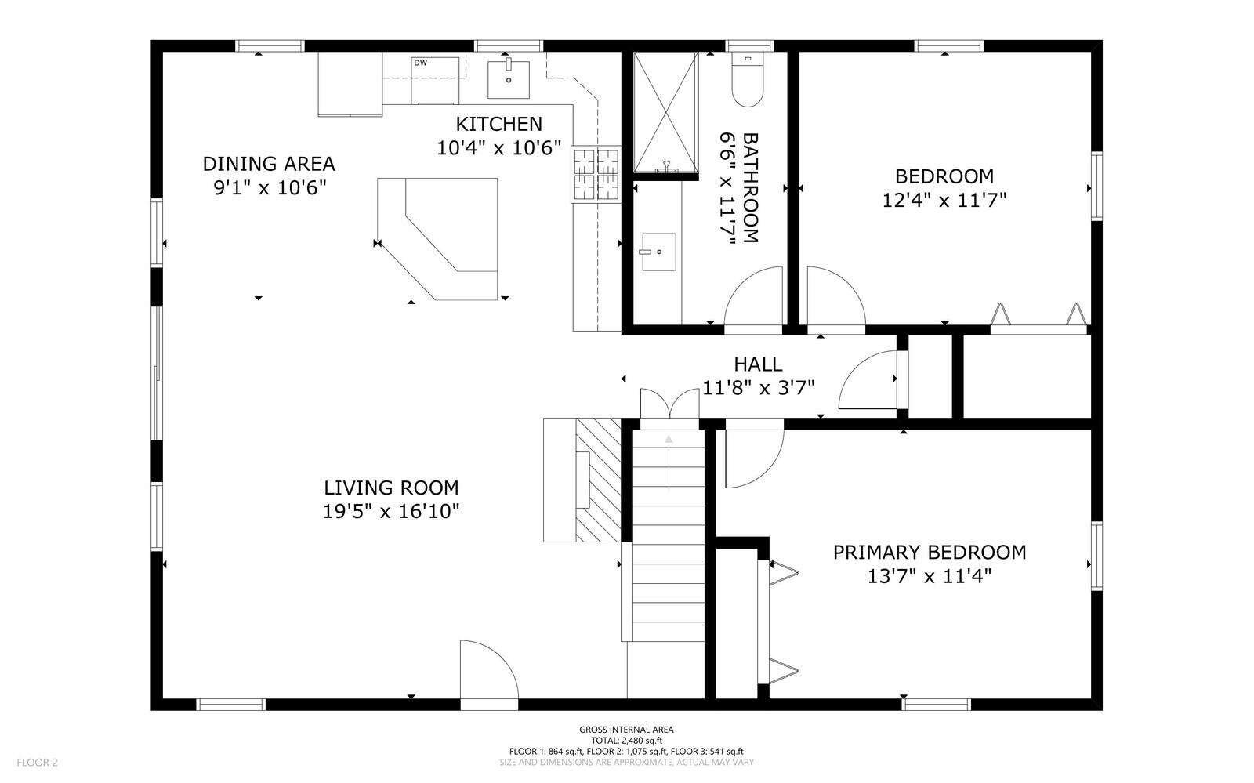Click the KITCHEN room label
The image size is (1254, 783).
pyautogui.click(x=498, y=124)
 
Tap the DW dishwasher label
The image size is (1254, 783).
pyautogui.click(x=420, y=63)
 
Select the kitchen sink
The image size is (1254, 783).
pyautogui.click(x=509, y=79)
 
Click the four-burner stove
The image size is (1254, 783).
pyautogui.click(x=596, y=174)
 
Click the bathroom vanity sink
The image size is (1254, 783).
pyautogui.click(x=658, y=252)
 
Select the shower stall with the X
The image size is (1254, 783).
pyautogui.click(x=665, y=113)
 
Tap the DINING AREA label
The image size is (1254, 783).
pyautogui.click(x=269, y=164)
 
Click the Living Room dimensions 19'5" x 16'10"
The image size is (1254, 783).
pyautogui.click(x=391, y=511)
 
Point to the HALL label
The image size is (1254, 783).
pyautogui.click(x=758, y=364)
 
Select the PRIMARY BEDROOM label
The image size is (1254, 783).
pyautogui.click(x=930, y=553)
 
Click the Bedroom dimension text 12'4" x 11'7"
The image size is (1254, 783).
pyautogui.click(x=944, y=200)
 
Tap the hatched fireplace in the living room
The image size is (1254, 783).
pyautogui.click(x=598, y=480)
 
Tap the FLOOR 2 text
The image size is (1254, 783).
pyautogui.click(x=37, y=763)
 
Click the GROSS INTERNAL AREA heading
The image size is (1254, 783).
pyautogui.click(x=626, y=730)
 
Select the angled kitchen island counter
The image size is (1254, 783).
pyautogui.click(x=437, y=239)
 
